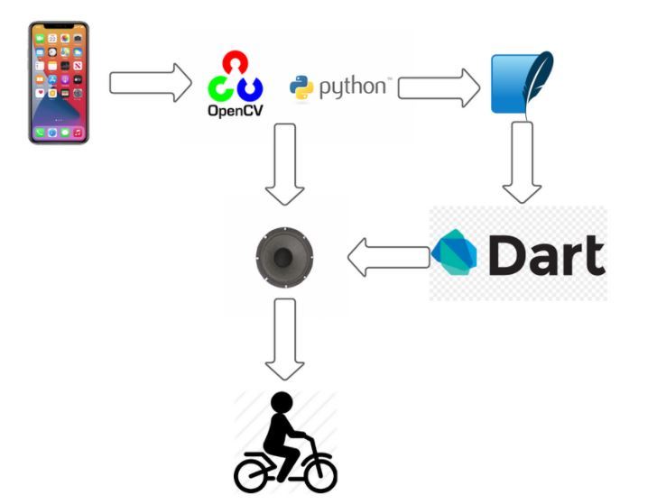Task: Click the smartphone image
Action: tap(59, 83)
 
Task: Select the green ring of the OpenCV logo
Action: tap(220, 88)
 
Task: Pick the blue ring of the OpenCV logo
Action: tap(250, 88)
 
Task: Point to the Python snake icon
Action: tap(301, 87)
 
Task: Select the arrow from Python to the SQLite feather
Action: tap(439, 87)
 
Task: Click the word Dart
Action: tap(546, 255)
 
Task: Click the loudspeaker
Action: tap(284, 258)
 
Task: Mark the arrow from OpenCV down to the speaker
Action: tap(284, 163)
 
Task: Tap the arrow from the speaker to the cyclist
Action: tap(284, 338)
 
